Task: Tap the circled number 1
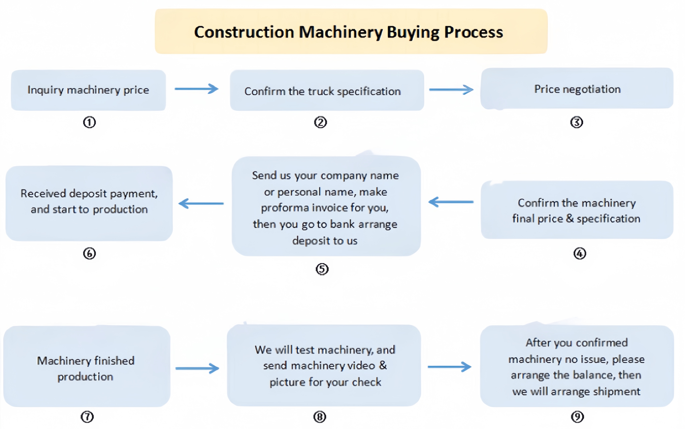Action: (89, 122)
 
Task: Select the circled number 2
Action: (320, 122)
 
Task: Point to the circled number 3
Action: (576, 122)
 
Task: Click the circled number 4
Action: (579, 253)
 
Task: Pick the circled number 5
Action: (322, 269)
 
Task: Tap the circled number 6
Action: (89, 253)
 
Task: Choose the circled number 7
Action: (87, 417)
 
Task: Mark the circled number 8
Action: (320, 417)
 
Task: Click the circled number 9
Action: (577, 417)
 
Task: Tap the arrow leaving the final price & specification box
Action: (451, 202)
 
